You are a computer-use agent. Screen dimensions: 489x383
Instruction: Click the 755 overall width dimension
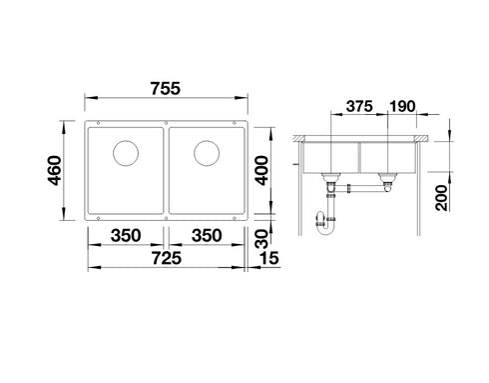pyautogui.click(x=166, y=89)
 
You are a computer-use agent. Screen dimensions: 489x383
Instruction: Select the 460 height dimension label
pyautogui.click(x=54, y=170)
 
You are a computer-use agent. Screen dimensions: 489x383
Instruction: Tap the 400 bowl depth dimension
pyautogui.click(x=261, y=170)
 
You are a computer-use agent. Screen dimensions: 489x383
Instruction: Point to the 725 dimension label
pyautogui.click(x=167, y=258)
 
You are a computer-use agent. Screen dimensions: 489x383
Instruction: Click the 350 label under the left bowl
pyautogui.click(x=126, y=236)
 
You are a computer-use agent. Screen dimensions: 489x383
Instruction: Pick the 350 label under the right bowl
pyautogui.click(x=207, y=236)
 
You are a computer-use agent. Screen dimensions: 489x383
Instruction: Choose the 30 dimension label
pyautogui.click(x=261, y=239)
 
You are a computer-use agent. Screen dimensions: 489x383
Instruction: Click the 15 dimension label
pyautogui.click(x=269, y=258)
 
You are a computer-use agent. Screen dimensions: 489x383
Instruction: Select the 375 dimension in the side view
pyautogui.click(x=359, y=106)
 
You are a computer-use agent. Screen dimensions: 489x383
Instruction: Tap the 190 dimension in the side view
pyautogui.click(x=402, y=106)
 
